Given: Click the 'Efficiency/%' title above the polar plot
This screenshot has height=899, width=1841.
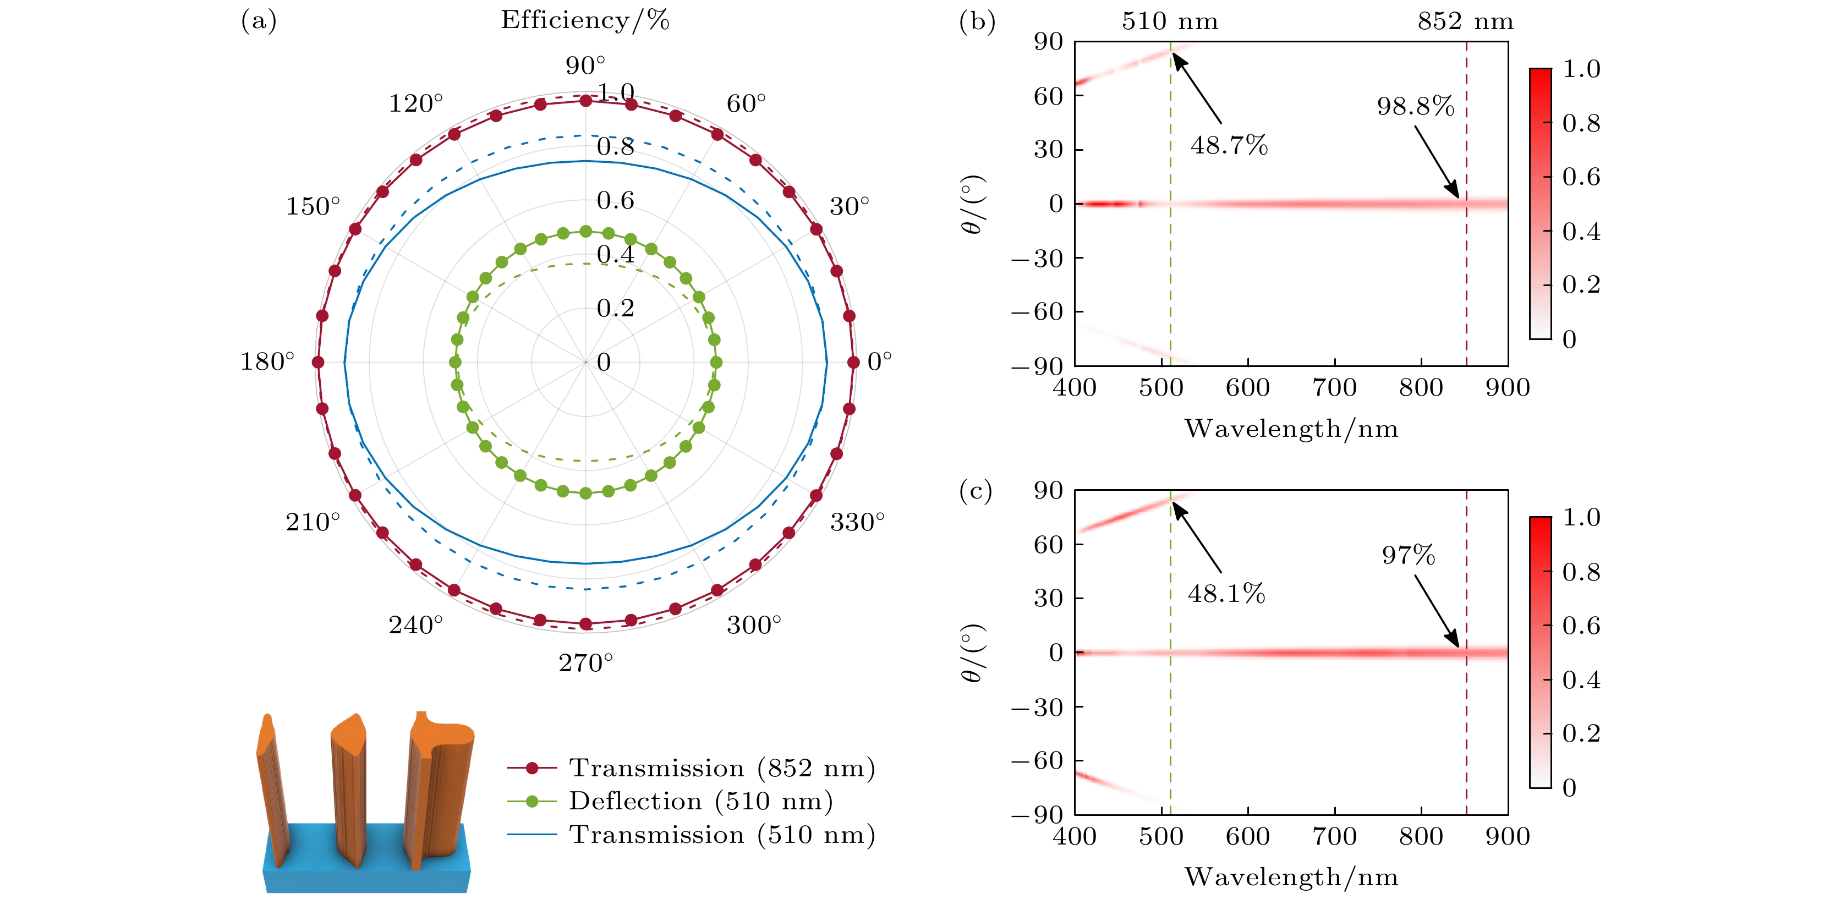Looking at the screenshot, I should (x=585, y=20).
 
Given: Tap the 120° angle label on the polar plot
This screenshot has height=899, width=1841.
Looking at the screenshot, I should (x=415, y=103).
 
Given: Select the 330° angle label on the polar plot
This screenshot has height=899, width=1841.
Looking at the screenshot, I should (x=856, y=522).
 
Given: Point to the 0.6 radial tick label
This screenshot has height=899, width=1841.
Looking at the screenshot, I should (x=615, y=201).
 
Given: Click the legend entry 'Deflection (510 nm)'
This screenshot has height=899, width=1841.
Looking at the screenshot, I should (x=700, y=801).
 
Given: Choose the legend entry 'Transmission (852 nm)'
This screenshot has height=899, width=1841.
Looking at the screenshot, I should (x=722, y=768).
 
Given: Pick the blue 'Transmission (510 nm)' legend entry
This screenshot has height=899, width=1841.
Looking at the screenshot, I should (x=722, y=835).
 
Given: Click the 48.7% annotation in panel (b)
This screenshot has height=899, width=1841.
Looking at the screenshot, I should (x=1229, y=146).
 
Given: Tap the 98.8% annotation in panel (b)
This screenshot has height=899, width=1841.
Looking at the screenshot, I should (x=1415, y=107).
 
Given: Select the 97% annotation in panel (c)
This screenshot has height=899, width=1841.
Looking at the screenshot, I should (x=1408, y=555).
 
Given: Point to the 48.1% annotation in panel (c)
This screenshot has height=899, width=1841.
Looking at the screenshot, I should (x=1226, y=594).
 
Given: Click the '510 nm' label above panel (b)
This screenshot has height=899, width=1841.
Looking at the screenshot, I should (x=1170, y=21).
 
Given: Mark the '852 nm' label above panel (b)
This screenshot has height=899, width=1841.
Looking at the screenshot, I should (x=1466, y=21).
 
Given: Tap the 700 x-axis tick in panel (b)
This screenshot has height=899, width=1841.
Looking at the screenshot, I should (x=1334, y=388).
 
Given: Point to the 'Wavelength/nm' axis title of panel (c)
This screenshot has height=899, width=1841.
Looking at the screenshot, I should (x=1291, y=877).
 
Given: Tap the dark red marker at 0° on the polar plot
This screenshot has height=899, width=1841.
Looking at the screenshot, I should (x=853, y=363).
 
